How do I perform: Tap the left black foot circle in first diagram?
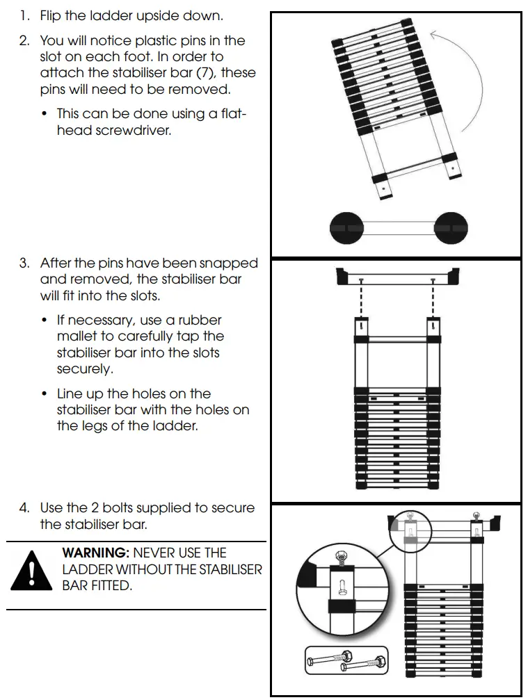point(346,227)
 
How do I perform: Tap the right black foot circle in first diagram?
point(451,227)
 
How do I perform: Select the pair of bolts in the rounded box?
point(346,659)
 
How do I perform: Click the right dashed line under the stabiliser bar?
point(433,299)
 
